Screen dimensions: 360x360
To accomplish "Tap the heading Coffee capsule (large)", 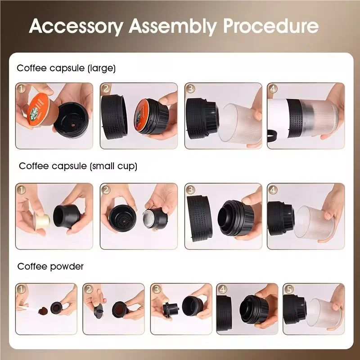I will pyautogui.click(x=66, y=68).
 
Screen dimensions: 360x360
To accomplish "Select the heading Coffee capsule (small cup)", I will pyautogui.click(x=78, y=166).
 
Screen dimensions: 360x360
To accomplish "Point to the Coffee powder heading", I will pyautogui.click(x=50, y=266).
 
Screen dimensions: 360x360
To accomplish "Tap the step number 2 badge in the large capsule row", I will pyautogui.click(x=106, y=89).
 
